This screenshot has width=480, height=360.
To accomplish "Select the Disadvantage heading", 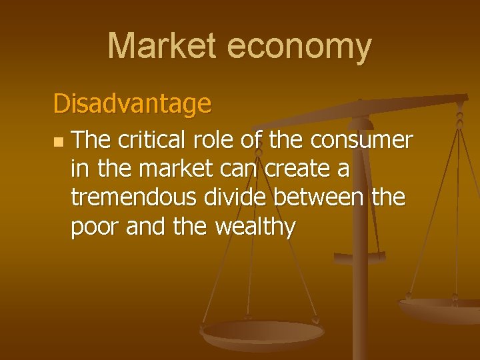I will (132, 103).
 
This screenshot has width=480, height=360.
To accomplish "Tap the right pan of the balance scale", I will (440, 309).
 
